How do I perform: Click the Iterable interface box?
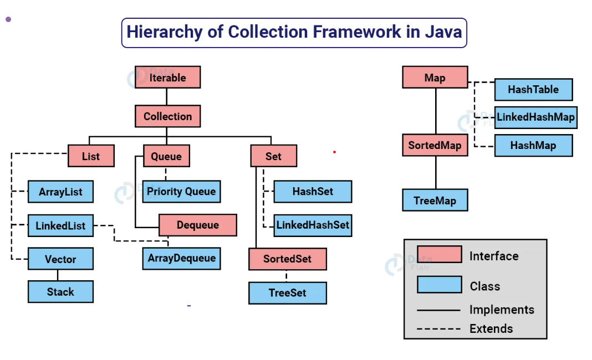[167, 78]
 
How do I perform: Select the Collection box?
[167, 116]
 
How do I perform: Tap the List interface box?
[91, 156]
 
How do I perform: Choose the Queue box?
[166, 156]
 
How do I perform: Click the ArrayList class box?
[60, 192]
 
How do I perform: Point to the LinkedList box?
[60, 225]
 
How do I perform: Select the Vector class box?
[60, 259]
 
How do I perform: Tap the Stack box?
[60, 292]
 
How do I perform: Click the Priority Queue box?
[181, 192]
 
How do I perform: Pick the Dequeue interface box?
[198, 225]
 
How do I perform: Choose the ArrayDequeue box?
[181, 259]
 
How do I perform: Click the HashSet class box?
[313, 192]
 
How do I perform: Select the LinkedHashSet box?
[313, 225]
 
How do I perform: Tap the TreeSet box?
[287, 293]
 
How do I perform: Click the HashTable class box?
[533, 89]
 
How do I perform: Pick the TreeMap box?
[435, 200]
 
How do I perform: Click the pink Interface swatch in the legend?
[439, 254]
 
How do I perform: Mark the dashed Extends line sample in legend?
[438, 329]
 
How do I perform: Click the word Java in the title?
[443, 32]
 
